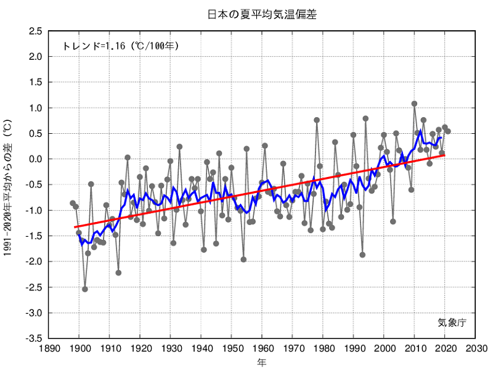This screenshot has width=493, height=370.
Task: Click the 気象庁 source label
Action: coord(452,322)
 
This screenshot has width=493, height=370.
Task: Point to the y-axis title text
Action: coord(8,184)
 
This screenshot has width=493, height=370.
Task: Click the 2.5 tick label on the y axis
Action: coord(36,31)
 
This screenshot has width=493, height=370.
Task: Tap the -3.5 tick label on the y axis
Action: coord(35,339)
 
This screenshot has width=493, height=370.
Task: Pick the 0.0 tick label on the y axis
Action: coord(36,159)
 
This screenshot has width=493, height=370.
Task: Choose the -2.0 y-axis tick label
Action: coord(35,261)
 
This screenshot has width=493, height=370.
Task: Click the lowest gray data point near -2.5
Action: coord(85,289)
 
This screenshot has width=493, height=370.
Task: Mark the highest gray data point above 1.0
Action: coord(414,104)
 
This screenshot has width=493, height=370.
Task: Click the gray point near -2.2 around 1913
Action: coord(118,273)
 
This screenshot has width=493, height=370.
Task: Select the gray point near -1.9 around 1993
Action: coord(362,255)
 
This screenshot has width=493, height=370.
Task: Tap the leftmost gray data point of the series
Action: coord(73,203)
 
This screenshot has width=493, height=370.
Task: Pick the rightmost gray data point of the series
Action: coord(448,131)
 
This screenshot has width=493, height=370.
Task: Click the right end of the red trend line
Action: coord(444,155)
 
